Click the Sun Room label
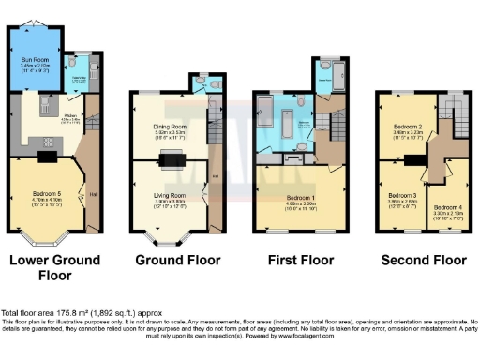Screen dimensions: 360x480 (x=35, y=60)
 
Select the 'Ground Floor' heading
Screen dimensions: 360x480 (x=171, y=260)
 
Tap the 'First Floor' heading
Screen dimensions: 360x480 (x=297, y=260)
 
